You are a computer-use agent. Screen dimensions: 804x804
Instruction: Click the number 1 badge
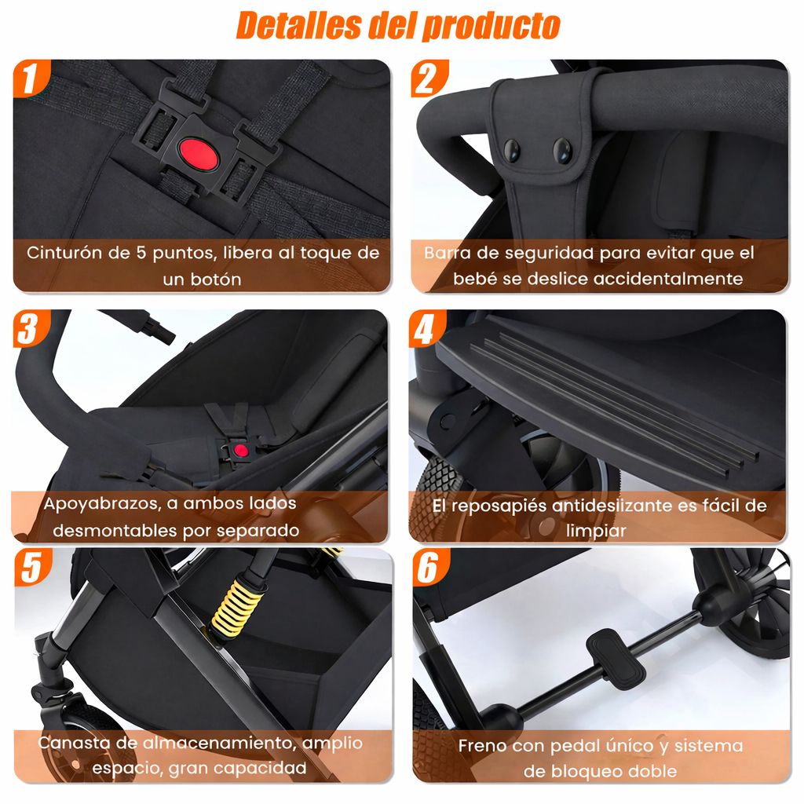pyautogui.click(x=30, y=79)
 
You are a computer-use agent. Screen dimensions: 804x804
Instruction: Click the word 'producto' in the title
pyautogui.click(x=492, y=25)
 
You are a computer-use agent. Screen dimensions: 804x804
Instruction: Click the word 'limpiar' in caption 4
pyautogui.click(x=596, y=531)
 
